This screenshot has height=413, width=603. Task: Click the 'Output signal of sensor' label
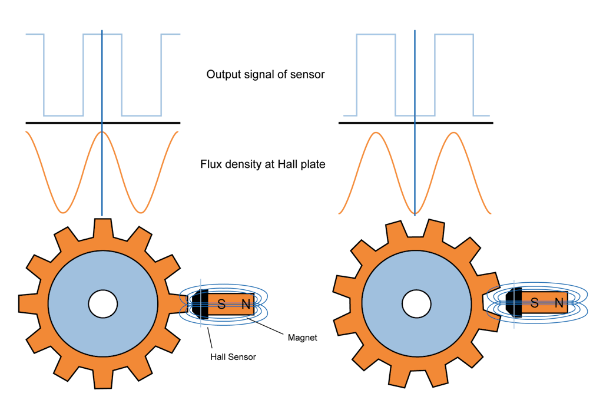(x=266, y=75)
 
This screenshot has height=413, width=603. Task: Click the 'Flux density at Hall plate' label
(x=263, y=164)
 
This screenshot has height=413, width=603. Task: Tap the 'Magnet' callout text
(x=303, y=338)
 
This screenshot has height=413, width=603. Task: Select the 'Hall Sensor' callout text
(x=233, y=357)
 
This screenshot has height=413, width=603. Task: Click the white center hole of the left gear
(x=102, y=303)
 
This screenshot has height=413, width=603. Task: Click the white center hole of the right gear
(x=416, y=303)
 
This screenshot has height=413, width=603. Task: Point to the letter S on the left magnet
(x=221, y=304)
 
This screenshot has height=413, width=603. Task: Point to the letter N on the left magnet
(x=246, y=304)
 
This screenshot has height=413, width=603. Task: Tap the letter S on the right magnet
(x=534, y=303)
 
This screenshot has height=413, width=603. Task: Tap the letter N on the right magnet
(x=559, y=303)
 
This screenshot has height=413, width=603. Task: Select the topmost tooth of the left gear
(x=102, y=226)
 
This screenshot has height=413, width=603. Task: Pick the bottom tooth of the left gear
(x=102, y=380)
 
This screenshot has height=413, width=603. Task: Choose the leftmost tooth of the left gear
(x=26, y=303)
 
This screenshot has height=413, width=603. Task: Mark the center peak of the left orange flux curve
(x=102, y=133)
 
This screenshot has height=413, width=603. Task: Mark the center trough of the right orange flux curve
(x=415, y=212)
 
